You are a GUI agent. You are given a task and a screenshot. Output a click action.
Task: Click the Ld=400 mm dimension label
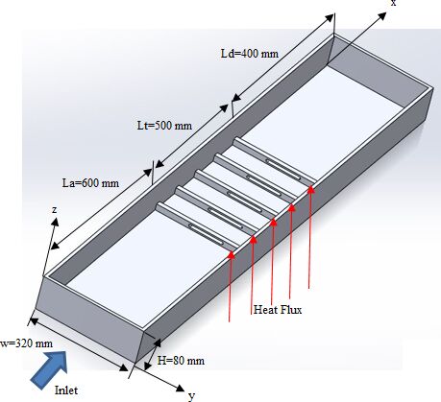[250, 54]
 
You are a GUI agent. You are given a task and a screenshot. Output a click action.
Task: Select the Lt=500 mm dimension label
[164, 125]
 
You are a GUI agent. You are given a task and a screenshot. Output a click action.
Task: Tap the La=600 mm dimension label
[90, 183]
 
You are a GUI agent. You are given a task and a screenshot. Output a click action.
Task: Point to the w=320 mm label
[26, 343]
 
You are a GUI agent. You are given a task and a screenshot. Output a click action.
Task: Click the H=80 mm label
[181, 361]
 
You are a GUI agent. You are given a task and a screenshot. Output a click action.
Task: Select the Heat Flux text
[278, 310]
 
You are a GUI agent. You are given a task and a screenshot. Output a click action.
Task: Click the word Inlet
[66, 390]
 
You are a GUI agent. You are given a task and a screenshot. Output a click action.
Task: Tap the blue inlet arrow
[50, 368]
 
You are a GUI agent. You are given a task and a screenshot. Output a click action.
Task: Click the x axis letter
[393, 3]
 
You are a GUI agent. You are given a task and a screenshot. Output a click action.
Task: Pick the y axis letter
[191, 396]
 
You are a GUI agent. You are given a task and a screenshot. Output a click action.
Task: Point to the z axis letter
[55, 209]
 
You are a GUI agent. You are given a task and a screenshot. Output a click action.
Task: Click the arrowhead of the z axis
[56, 222]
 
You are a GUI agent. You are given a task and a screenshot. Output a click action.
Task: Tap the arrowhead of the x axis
[382, 16]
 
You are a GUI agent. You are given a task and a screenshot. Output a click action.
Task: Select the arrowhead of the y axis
[181, 388]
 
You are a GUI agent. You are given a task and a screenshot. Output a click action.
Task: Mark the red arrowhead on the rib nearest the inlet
[232, 254]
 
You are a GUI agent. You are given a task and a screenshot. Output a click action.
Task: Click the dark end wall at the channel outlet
[378, 68]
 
